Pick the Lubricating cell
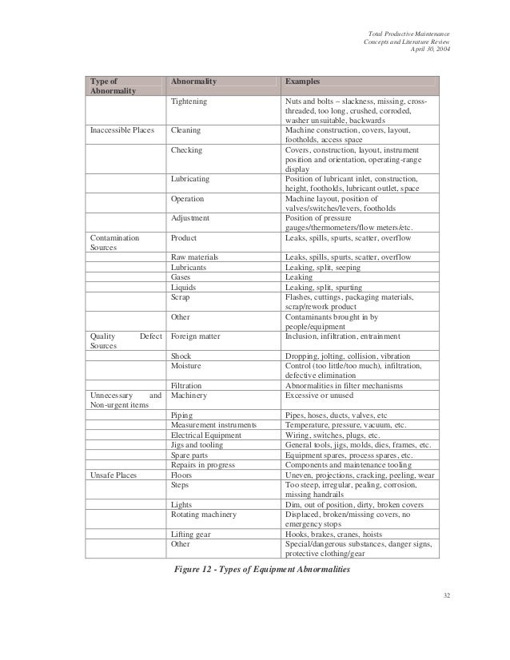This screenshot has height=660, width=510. (x=191, y=179)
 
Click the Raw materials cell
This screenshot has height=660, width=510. (x=195, y=257)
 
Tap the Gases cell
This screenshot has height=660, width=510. (x=181, y=276)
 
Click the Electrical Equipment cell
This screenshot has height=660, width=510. (x=205, y=435)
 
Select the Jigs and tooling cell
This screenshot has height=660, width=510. (x=197, y=445)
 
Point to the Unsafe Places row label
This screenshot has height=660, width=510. (x=116, y=475)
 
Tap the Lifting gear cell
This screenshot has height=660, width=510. (x=191, y=533)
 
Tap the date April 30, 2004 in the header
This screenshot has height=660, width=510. (x=428, y=50)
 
